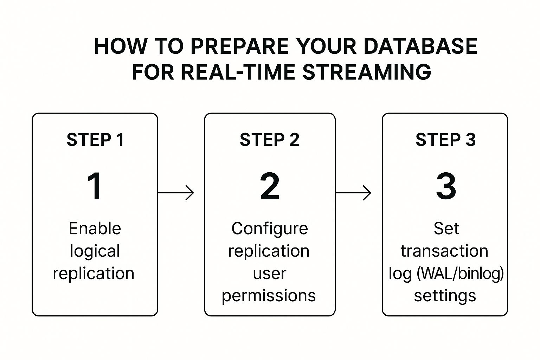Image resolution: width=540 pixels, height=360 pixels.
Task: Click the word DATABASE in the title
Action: click(x=420, y=46)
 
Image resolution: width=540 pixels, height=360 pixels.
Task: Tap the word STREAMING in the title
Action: click(x=367, y=72)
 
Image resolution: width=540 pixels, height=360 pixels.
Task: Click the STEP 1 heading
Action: click(x=95, y=140)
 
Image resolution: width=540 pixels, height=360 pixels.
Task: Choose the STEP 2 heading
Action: click(x=270, y=140)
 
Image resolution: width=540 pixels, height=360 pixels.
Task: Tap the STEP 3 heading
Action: click(x=445, y=140)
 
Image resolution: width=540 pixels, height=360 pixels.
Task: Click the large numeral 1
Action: click(x=95, y=186)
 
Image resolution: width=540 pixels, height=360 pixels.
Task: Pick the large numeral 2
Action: click(x=270, y=186)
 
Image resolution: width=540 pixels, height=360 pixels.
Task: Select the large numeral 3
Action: click(x=446, y=186)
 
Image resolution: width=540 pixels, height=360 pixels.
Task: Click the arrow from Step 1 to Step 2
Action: click(x=176, y=193)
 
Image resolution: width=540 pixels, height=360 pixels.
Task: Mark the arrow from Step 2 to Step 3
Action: click(x=353, y=193)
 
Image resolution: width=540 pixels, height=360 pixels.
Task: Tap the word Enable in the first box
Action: click(x=95, y=229)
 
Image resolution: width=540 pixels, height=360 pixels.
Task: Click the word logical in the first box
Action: click(x=95, y=251)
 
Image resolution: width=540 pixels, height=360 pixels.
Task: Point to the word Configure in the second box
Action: click(x=270, y=229)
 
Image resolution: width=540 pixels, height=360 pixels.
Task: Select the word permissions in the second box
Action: click(x=269, y=296)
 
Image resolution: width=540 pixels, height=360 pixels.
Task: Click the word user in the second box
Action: click(x=270, y=274)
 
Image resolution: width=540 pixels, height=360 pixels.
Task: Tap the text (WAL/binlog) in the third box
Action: click(x=460, y=274)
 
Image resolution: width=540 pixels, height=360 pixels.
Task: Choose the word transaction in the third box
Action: click(x=444, y=251)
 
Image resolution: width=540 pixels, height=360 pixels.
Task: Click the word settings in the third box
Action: click(x=445, y=296)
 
